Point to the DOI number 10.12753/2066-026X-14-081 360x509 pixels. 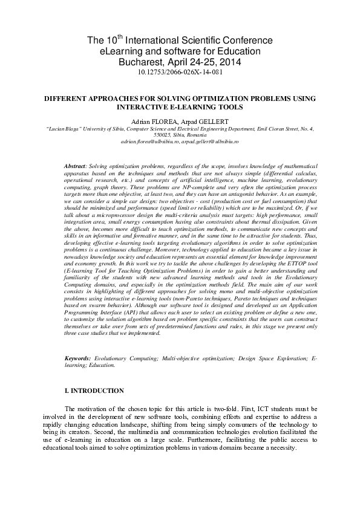[x=180, y=72]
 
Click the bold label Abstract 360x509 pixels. [x=75, y=165]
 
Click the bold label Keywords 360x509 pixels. [x=78, y=358]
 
